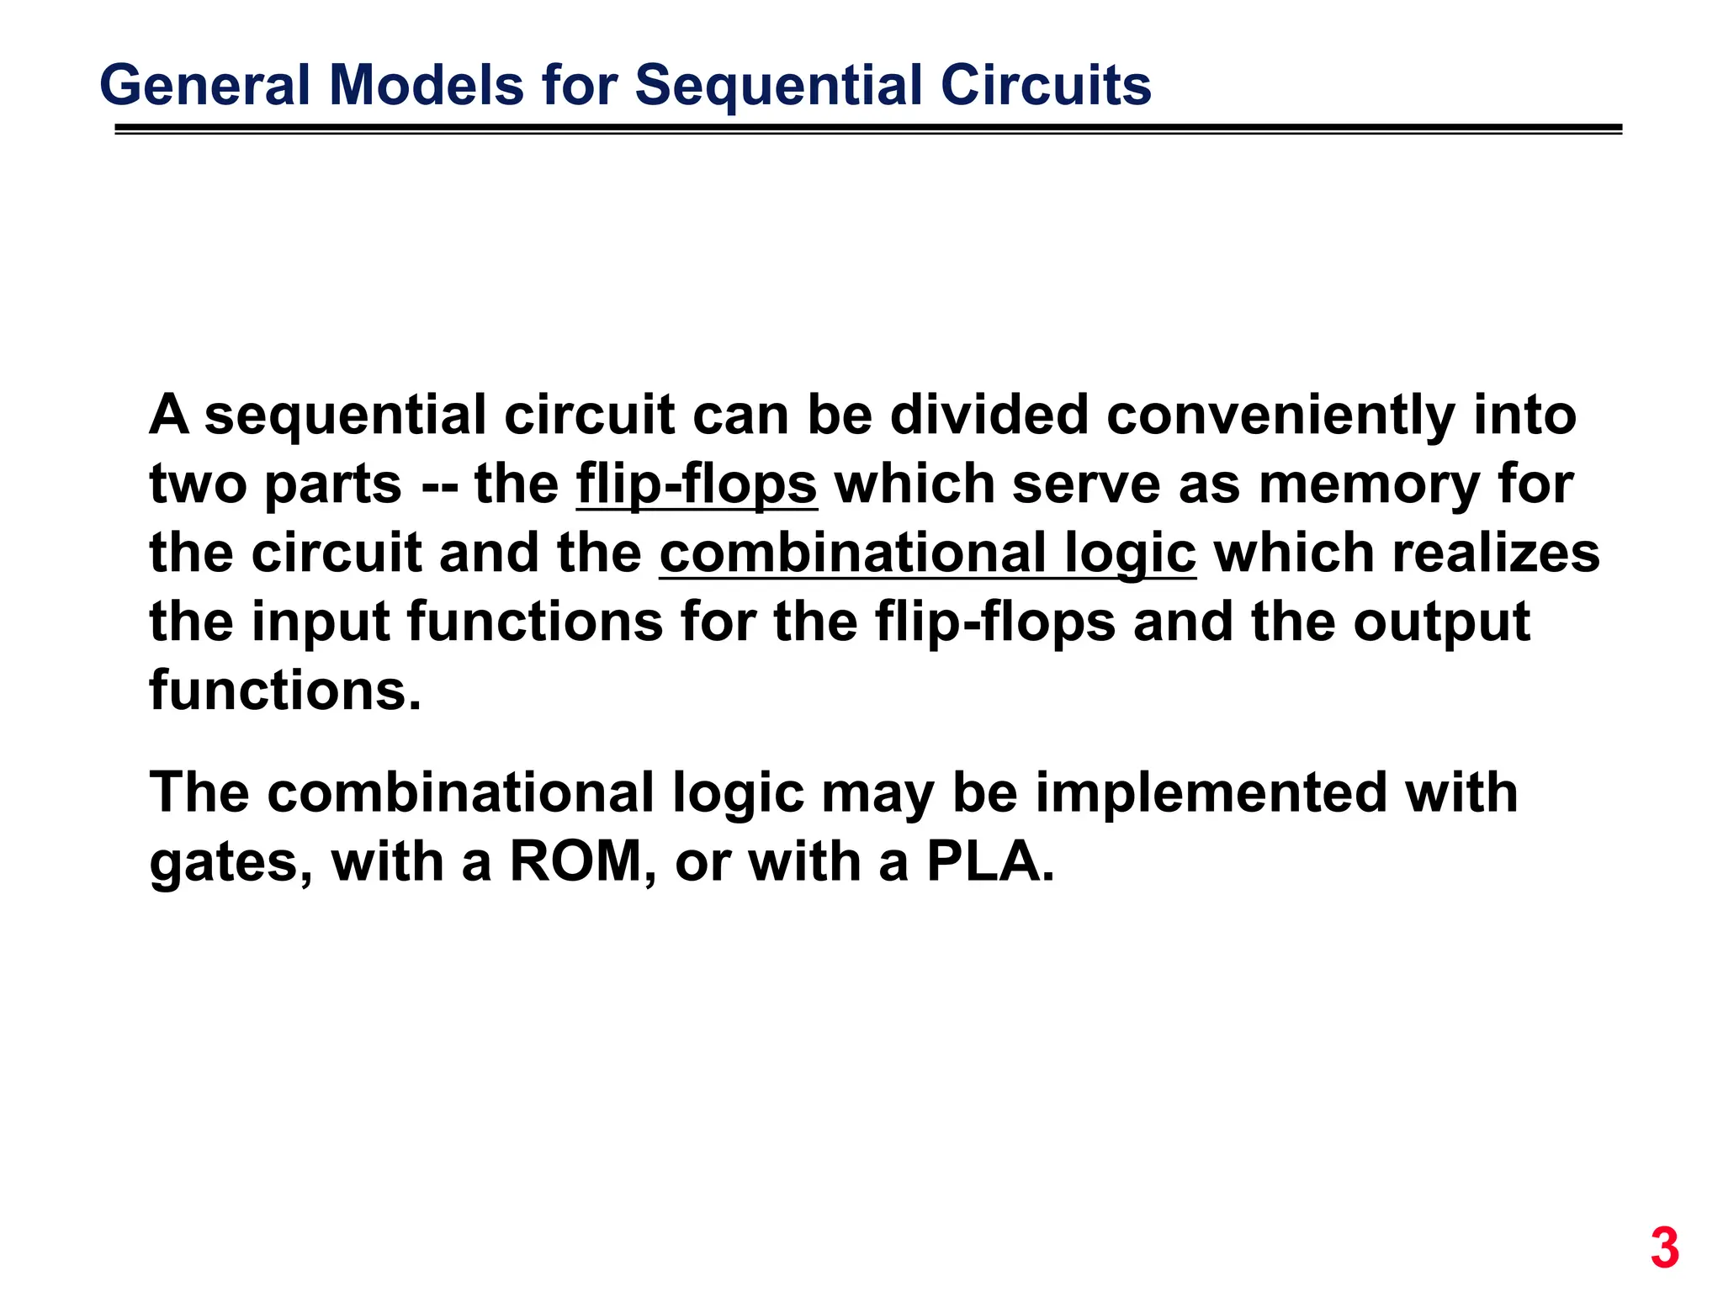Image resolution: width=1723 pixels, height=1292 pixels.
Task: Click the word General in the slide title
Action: click(204, 86)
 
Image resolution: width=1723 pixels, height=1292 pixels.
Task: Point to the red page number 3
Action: click(1664, 1248)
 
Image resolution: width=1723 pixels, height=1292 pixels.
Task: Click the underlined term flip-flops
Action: click(697, 485)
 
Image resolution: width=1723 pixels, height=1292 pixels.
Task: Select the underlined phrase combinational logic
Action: click(927, 554)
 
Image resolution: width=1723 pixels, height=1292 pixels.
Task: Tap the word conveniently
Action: click(1280, 416)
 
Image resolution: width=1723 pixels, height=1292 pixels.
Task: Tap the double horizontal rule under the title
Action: click(867, 130)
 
